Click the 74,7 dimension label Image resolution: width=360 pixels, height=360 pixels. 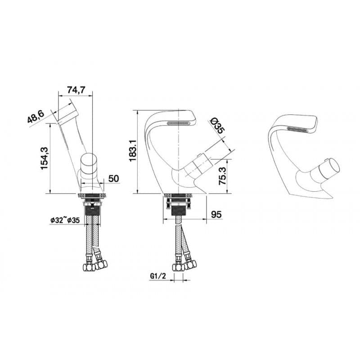[76, 90]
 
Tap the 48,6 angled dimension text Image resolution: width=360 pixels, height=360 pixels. [36, 118]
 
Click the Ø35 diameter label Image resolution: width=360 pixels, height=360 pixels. [217, 126]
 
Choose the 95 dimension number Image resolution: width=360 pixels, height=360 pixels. [216, 215]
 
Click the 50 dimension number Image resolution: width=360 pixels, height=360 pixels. [113, 179]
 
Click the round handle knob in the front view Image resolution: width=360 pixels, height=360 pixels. [90, 162]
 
